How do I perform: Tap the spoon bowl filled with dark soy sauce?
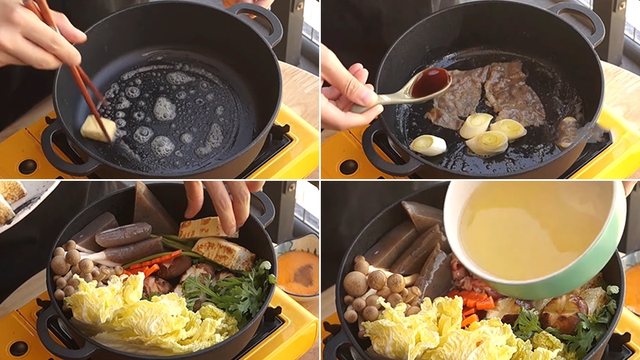click(430, 82)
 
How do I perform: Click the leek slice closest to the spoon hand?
click(428, 145)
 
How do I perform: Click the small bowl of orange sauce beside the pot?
click(298, 272)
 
